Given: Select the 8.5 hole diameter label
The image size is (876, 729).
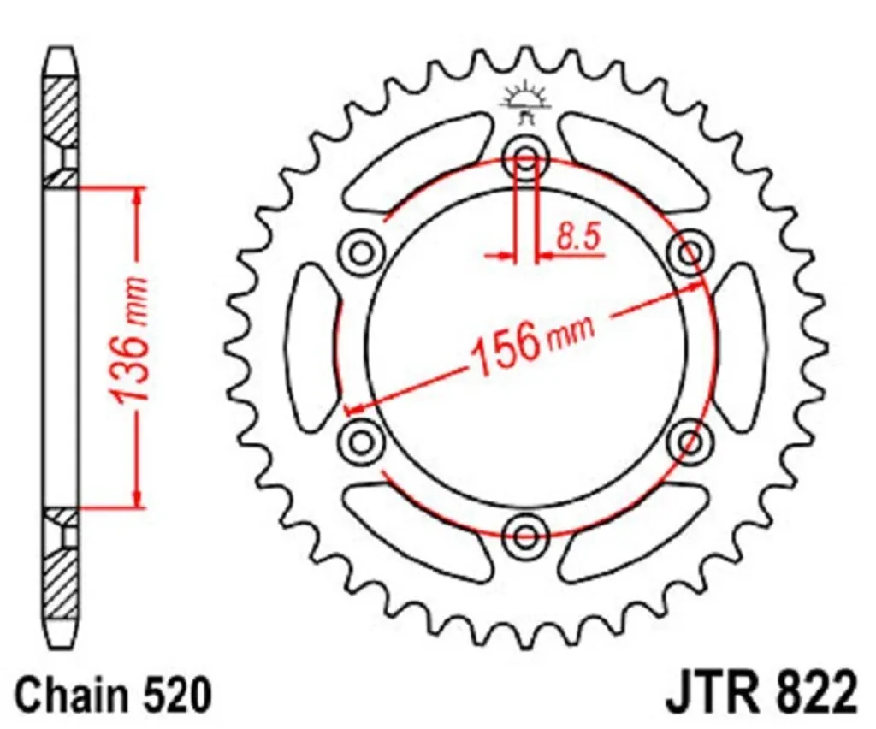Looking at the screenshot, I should pyautogui.click(x=578, y=237).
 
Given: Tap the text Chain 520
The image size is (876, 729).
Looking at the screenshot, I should pyautogui.click(x=112, y=694).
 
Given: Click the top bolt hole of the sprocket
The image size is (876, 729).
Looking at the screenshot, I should pyautogui.click(x=525, y=158).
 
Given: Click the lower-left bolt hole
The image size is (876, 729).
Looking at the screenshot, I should pyautogui.click(x=362, y=441).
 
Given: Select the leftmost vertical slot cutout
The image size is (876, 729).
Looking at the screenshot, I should pyautogui.click(x=313, y=347).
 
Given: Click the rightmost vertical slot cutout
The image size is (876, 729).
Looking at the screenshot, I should pyautogui.click(x=737, y=347).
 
